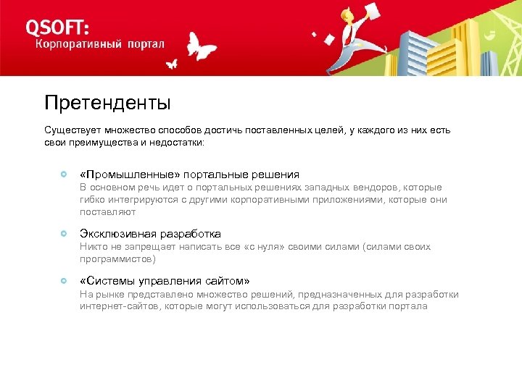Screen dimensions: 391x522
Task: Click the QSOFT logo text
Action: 58,27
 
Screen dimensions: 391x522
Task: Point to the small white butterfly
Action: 172,64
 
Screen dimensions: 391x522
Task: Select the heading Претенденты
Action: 107,104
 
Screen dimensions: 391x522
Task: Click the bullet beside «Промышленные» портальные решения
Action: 65,175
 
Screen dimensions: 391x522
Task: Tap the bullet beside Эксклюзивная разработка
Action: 65,234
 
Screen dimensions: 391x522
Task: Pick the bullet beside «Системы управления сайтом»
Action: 65,280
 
